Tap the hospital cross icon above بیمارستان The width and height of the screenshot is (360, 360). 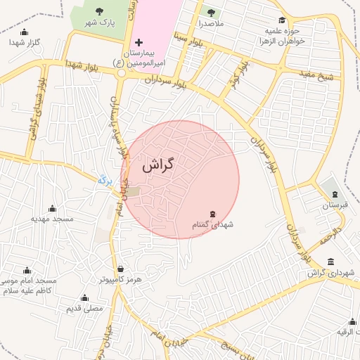(139, 44)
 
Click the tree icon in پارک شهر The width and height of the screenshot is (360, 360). (98, 11)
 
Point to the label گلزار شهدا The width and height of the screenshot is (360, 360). (25, 43)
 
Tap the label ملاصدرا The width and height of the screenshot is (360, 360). (210, 24)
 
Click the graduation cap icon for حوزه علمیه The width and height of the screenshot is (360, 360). (282, 20)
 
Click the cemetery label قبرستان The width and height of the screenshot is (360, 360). (330, 206)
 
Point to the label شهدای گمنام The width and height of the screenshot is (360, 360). (212, 225)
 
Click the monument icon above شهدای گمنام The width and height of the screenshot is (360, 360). (212, 214)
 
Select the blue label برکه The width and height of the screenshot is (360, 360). (105, 181)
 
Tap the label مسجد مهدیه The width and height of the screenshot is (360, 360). (52, 219)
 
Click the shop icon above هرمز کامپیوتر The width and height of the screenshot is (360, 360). (121, 268)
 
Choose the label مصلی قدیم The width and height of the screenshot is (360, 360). (84, 308)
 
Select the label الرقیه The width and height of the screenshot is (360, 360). (348, 332)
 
